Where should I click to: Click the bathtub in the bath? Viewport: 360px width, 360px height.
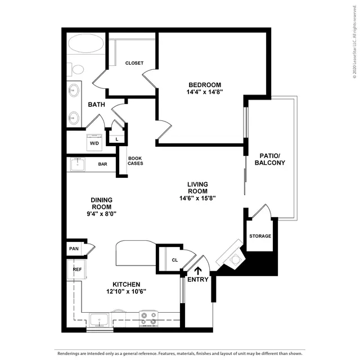click(x=86, y=44)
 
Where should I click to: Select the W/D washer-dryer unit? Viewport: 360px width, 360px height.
click(x=94, y=142)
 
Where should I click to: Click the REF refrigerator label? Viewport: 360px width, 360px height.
click(x=77, y=269)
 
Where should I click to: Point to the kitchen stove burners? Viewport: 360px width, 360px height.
click(x=148, y=318)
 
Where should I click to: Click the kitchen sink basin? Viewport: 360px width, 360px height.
click(x=99, y=319)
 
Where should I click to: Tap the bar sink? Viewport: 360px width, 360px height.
click(x=78, y=164)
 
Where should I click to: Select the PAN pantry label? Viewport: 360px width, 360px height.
click(x=74, y=249)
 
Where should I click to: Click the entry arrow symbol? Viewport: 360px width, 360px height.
click(x=198, y=271)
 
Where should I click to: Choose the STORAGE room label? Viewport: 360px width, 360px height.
click(x=260, y=236)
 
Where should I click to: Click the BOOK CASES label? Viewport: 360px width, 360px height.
click(x=135, y=161)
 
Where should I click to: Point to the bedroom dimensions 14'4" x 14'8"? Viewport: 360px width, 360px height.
click(x=205, y=92)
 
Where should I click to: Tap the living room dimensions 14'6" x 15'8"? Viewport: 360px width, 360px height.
click(x=197, y=198)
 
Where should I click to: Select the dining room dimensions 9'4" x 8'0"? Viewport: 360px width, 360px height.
click(x=101, y=214)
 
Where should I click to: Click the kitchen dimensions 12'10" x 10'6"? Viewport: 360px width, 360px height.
click(x=126, y=291)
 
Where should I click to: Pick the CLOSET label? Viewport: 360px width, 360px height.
click(x=134, y=63)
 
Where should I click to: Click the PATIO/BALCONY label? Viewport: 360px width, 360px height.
click(x=270, y=159)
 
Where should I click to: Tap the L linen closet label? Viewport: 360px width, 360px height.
click(x=117, y=139)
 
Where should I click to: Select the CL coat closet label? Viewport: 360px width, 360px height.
click(x=175, y=260)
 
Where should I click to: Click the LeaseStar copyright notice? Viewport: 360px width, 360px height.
click(x=355, y=42)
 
